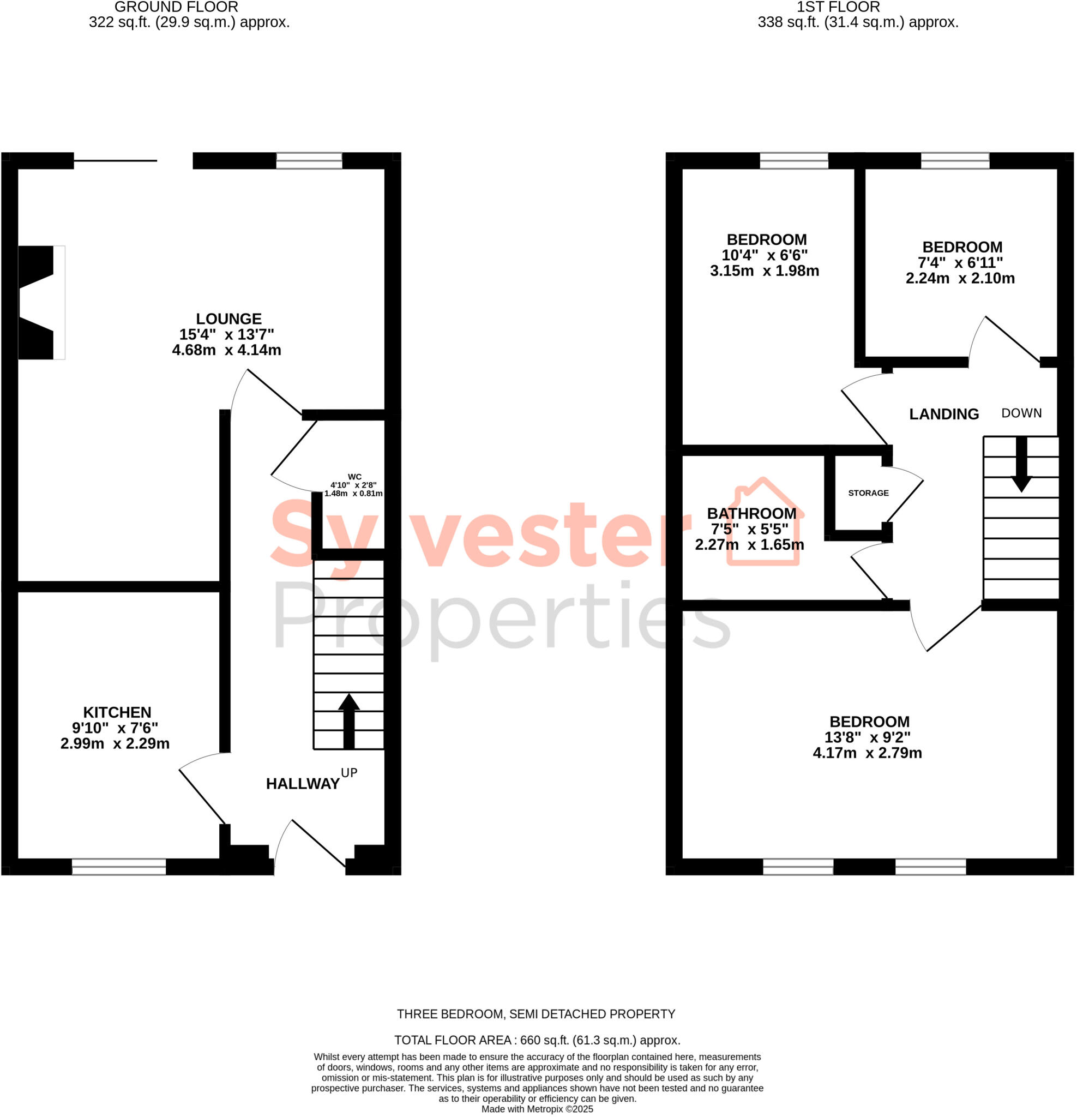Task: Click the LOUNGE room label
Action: (228, 319)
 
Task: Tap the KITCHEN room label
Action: (117, 712)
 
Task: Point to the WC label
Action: (354, 477)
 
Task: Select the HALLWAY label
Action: (303, 784)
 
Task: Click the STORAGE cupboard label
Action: (868, 493)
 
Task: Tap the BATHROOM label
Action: (751, 513)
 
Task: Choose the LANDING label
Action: (943, 415)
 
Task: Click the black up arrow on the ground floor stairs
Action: (349, 720)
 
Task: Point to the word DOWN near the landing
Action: (1021, 413)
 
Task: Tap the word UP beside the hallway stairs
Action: (349, 773)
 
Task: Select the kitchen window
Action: (118, 867)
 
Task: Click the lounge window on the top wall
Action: (309, 161)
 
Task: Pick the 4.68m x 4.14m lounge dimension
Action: (226, 350)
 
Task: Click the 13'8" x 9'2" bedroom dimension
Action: (867, 737)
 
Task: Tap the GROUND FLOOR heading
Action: (176, 8)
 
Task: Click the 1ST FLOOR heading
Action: (838, 8)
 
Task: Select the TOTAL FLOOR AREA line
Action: (537, 1040)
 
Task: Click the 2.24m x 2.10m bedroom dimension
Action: (960, 278)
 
